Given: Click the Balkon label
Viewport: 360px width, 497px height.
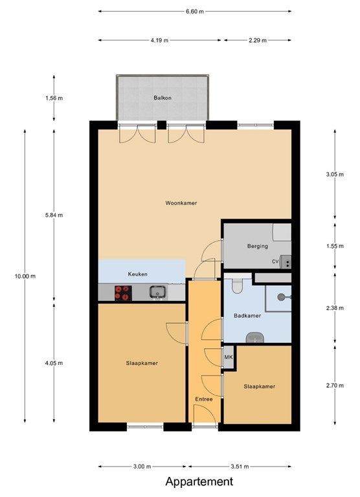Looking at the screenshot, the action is point(163,98).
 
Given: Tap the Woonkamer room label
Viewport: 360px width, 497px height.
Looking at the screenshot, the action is point(181,203).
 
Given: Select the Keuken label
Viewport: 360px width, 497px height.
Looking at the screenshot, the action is point(138,274).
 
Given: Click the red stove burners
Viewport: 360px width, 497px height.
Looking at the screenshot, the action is point(124,293).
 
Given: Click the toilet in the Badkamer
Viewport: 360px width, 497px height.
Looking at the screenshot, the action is point(237,285).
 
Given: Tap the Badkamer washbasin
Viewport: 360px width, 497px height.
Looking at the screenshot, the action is point(255,337).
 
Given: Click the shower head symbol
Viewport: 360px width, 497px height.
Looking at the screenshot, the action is point(282,297).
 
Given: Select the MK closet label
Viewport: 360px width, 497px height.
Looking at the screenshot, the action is point(229,357).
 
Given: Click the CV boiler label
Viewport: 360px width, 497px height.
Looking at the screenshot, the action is point(275,261).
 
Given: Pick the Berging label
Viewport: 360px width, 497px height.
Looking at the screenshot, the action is point(258,246).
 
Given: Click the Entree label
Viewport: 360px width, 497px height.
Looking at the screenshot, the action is point(204,399).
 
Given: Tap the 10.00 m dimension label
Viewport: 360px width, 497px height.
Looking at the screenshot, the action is point(25,276).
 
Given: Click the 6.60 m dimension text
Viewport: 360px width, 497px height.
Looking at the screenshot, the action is point(195,12).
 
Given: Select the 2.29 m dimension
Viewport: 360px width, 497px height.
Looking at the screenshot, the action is point(258,40).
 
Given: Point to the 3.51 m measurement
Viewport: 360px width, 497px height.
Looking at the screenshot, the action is point(240,466).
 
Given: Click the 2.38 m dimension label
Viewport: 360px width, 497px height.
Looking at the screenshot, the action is point(335,308).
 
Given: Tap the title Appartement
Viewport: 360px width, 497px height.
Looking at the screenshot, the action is point(199,481).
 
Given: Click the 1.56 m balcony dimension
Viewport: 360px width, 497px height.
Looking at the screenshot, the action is point(54,98).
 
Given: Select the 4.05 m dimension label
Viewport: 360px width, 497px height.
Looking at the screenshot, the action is point(54,363).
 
